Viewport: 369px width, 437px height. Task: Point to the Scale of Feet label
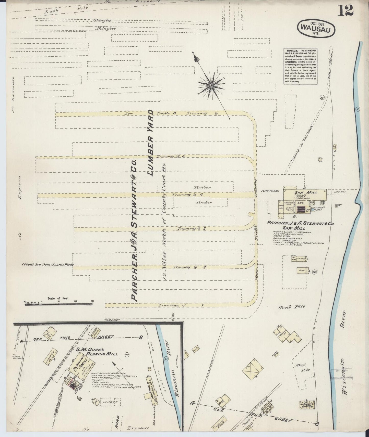pos(58,298)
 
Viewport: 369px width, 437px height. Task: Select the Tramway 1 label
pos(181,305)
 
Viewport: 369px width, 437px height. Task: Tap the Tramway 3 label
pos(191,229)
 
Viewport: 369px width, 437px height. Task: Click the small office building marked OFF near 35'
pos(302,270)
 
